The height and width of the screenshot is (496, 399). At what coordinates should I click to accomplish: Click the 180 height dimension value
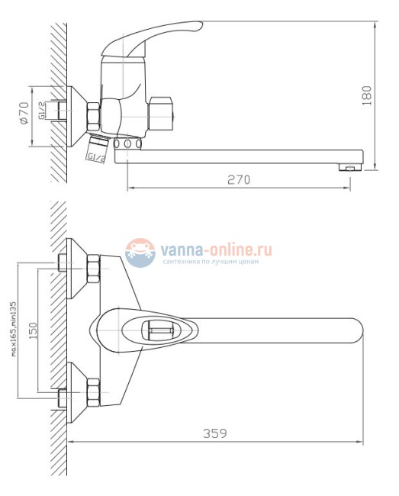367,95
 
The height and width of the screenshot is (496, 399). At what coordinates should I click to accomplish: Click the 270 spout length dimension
239,179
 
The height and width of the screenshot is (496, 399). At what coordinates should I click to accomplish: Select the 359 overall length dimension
215,433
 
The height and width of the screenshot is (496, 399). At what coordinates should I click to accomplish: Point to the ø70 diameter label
24,113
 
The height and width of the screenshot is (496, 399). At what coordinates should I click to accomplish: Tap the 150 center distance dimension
33,330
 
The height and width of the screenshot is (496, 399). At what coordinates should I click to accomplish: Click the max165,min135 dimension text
14,330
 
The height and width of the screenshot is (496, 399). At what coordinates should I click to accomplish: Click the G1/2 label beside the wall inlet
41,111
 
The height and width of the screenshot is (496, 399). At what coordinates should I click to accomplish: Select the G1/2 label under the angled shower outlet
96,157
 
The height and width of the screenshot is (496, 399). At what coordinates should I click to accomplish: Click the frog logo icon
140,253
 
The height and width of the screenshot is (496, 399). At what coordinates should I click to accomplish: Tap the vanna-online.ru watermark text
216,250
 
